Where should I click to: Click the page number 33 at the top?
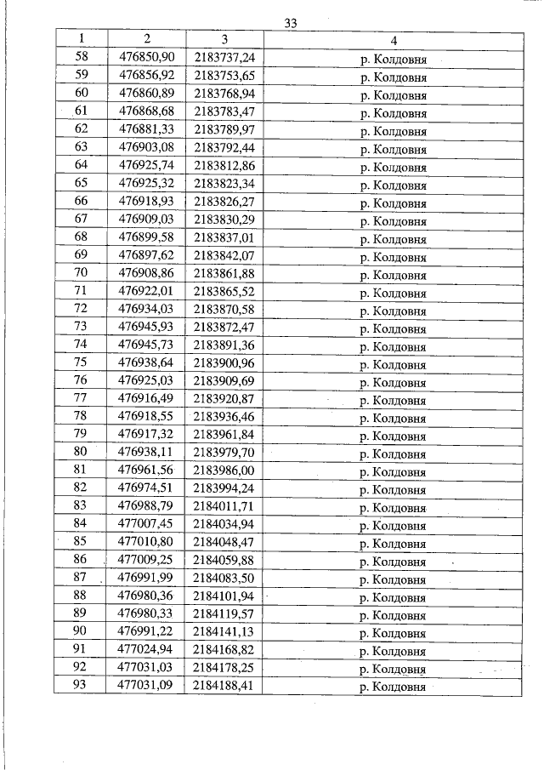[290, 24]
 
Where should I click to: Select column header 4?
[394, 40]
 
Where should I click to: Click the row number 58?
[82, 57]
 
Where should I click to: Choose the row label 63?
[82, 147]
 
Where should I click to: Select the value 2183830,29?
[224, 220]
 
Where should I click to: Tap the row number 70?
[82, 273]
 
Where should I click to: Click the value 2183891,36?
[224, 345]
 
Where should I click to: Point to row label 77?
[82, 399]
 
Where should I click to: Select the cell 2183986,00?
[224, 471]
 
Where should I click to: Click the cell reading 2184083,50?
[224, 579]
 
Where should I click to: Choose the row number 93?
[82, 686]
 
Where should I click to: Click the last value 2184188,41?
[224, 686]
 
